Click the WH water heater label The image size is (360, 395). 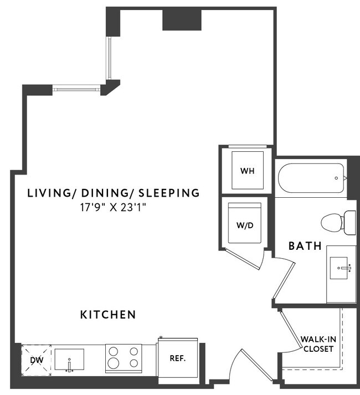(247, 171)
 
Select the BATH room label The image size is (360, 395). (305, 245)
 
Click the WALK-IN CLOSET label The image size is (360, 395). (317, 343)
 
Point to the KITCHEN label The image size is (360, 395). (109, 315)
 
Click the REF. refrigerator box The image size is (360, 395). (177, 358)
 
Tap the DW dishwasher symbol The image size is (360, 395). (36, 360)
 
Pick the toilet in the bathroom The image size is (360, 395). (338, 222)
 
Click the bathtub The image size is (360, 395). (310, 178)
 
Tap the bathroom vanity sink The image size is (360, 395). (340, 269)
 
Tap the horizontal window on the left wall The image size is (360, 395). (77, 89)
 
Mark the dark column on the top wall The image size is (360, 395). (181, 20)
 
